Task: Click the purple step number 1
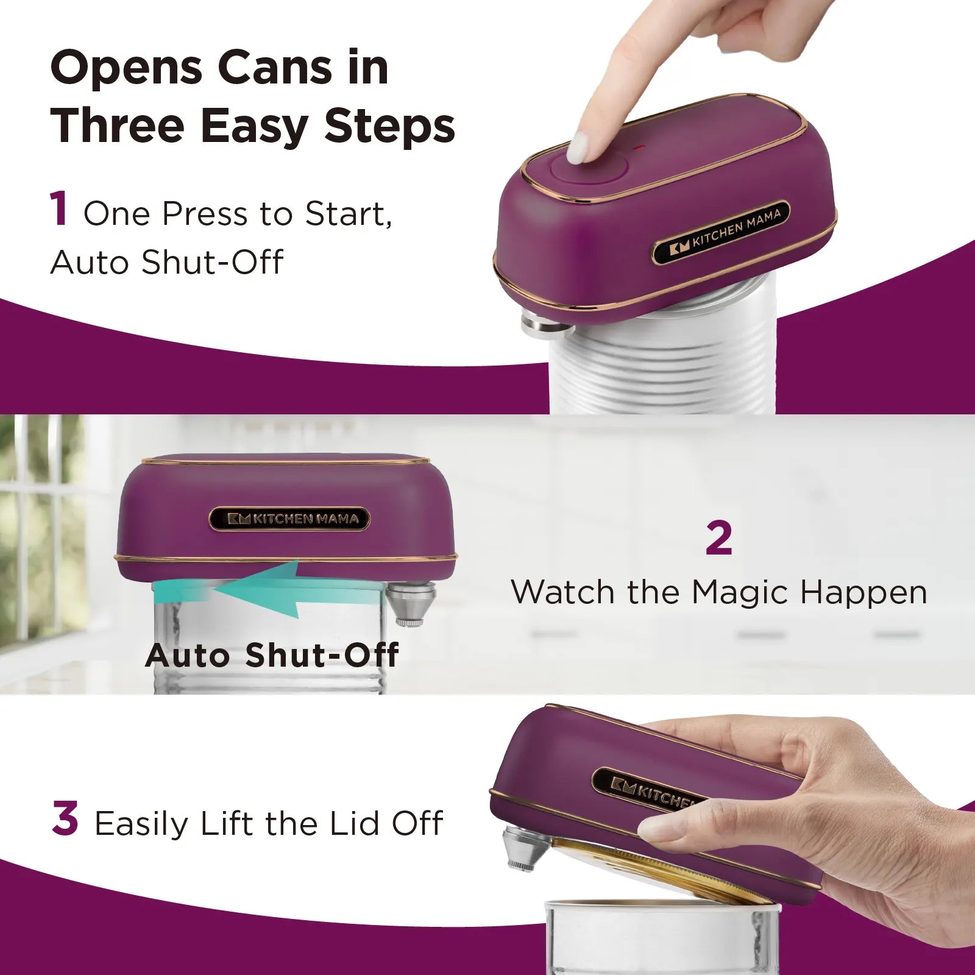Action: point(59,209)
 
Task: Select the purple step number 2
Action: point(719,537)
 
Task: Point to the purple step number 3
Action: point(65,818)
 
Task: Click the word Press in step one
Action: point(205,214)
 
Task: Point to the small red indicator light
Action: point(637,147)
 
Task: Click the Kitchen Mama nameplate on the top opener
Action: point(721,233)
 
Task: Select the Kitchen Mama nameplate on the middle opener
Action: point(289,519)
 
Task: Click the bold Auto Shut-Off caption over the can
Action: point(272,655)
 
